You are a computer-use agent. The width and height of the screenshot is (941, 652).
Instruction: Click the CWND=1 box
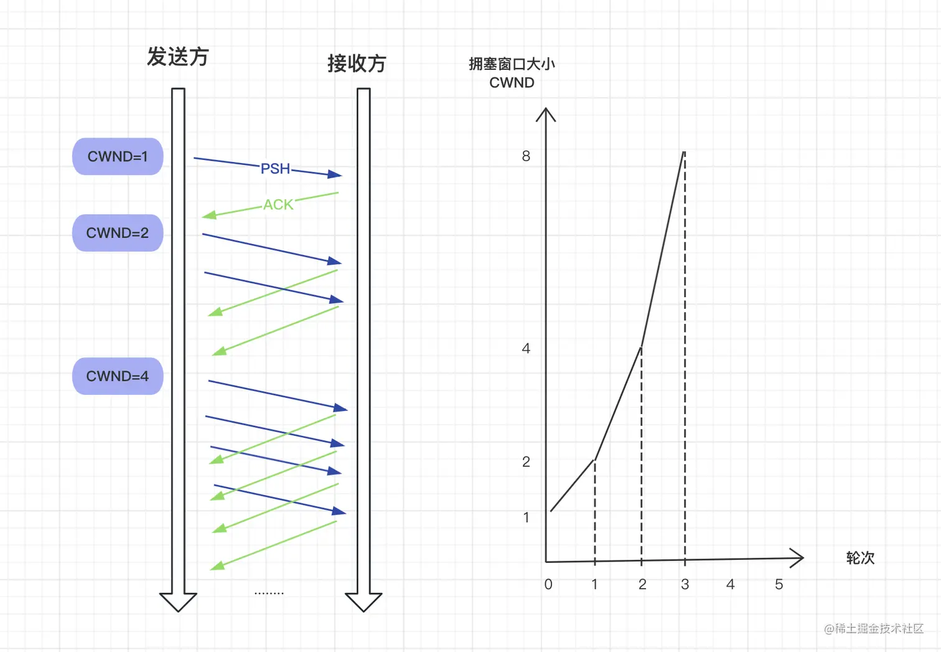118,156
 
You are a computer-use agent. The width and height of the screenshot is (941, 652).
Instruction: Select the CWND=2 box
118,233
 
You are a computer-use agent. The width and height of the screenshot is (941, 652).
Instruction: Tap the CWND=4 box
118,376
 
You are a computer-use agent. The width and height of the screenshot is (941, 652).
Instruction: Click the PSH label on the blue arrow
275,169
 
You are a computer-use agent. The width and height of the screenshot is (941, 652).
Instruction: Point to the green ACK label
278,204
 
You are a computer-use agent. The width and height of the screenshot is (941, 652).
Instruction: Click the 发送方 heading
177,57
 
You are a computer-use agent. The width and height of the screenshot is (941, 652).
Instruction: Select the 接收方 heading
357,64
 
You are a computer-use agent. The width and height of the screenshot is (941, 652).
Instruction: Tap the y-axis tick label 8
526,156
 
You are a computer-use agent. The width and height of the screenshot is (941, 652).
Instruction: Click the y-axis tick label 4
526,349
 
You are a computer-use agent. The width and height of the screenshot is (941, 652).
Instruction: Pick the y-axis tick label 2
526,462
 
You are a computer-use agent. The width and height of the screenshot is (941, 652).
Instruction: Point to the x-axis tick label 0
548,584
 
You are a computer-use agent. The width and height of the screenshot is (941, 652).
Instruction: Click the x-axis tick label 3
685,584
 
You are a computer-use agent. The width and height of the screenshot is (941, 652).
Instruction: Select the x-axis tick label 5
779,584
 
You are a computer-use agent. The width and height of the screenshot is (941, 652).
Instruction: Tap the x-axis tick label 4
731,584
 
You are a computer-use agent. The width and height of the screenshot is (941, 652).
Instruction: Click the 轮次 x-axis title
860,558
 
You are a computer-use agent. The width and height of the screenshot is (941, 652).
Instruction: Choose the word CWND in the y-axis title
512,83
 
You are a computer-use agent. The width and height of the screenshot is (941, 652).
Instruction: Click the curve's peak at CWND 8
684,153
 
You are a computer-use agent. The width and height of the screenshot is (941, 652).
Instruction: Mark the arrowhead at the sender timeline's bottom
178,602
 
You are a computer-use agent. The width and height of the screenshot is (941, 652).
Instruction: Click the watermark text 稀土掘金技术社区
879,628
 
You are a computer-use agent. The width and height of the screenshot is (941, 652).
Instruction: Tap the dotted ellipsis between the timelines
269,593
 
